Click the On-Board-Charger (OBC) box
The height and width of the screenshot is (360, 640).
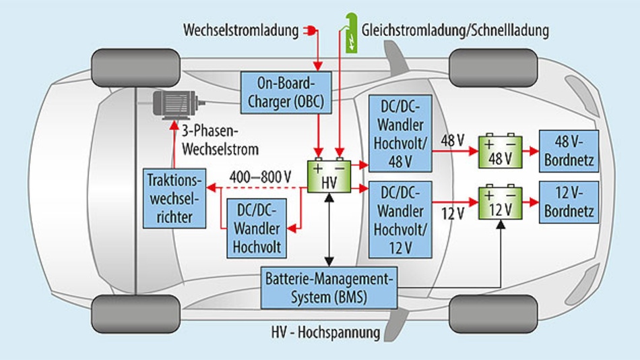pyautogui.click(x=286, y=93)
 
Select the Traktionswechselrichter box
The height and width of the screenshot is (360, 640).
pyautogui.click(x=173, y=198)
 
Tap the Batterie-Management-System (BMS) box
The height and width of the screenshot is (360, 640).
pyautogui.click(x=329, y=287)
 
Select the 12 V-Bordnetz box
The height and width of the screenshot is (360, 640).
pyautogui.click(x=567, y=202)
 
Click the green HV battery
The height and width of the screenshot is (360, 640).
pyautogui.click(x=329, y=176)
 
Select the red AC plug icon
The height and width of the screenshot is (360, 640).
pyautogui.click(x=311, y=31)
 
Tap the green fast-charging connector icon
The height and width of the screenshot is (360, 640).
pyautogui.click(x=350, y=34)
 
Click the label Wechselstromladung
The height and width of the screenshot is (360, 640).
pyautogui.click(x=241, y=31)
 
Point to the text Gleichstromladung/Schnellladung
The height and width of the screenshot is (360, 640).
pyautogui.click(x=455, y=31)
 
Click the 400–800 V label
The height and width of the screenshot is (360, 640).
pyautogui.click(x=259, y=176)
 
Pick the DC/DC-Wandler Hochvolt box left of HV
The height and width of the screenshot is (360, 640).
pyautogui.click(x=257, y=228)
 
